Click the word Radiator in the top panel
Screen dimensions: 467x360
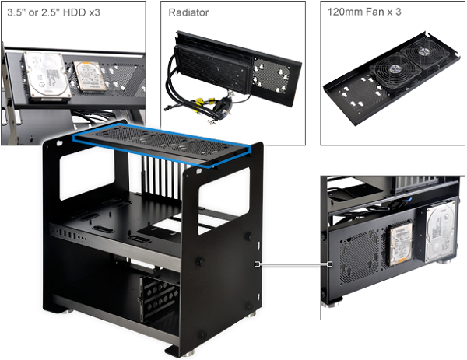(x=188, y=12)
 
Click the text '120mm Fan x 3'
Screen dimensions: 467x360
(x=364, y=12)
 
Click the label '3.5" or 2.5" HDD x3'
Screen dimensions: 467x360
(x=54, y=12)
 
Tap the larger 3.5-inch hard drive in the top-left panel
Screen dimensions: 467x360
(x=47, y=76)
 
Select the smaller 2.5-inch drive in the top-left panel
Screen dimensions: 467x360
(x=90, y=77)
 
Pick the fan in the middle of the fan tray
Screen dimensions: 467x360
(x=395, y=72)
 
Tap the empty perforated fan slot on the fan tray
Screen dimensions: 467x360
(x=361, y=94)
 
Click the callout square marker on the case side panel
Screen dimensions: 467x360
(x=258, y=264)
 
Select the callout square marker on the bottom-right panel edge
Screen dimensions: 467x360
(x=330, y=264)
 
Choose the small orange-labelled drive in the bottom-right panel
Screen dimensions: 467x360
(x=401, y=244)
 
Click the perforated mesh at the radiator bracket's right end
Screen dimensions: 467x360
(x=271, y=76)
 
